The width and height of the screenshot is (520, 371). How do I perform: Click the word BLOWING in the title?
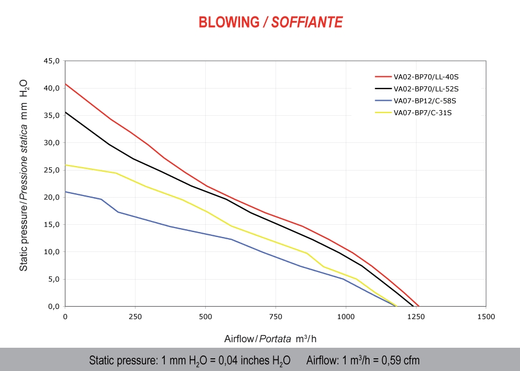pyautogui.click(x=228, y=22)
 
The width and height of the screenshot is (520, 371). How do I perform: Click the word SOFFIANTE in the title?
pyautogui.click(x=307, y=22)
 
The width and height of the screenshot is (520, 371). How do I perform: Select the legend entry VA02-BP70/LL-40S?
pyautogui.click(x=425, y=77)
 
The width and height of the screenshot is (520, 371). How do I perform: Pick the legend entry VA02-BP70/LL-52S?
pyautogui.click(x=425, y=89)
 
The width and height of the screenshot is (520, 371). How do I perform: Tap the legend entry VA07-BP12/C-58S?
pyautogui.click(x=424, y=100)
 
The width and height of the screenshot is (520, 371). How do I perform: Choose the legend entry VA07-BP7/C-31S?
pyautogui.click(x=423, y=112)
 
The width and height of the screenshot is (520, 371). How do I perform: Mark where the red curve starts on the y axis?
pyautogui.click(x=65, y=84)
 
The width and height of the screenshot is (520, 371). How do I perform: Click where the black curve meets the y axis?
pyautogui.click(x=65, y=112)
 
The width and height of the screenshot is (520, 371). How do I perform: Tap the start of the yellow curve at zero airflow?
pyautogui.click(x=65, y=165)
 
